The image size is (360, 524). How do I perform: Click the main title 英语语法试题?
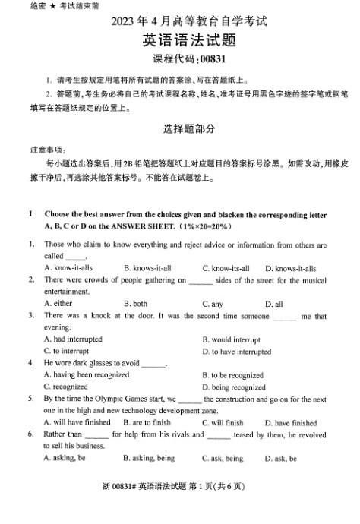179,40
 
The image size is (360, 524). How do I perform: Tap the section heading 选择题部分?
179,129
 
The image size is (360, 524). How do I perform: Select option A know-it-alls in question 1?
68,268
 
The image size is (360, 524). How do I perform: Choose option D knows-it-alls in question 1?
290,268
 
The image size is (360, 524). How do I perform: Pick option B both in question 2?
135,303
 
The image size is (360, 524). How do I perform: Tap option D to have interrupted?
236,351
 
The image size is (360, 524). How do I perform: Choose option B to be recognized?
232,374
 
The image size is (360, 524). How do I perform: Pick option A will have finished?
77,422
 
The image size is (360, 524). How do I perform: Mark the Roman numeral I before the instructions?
31,214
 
